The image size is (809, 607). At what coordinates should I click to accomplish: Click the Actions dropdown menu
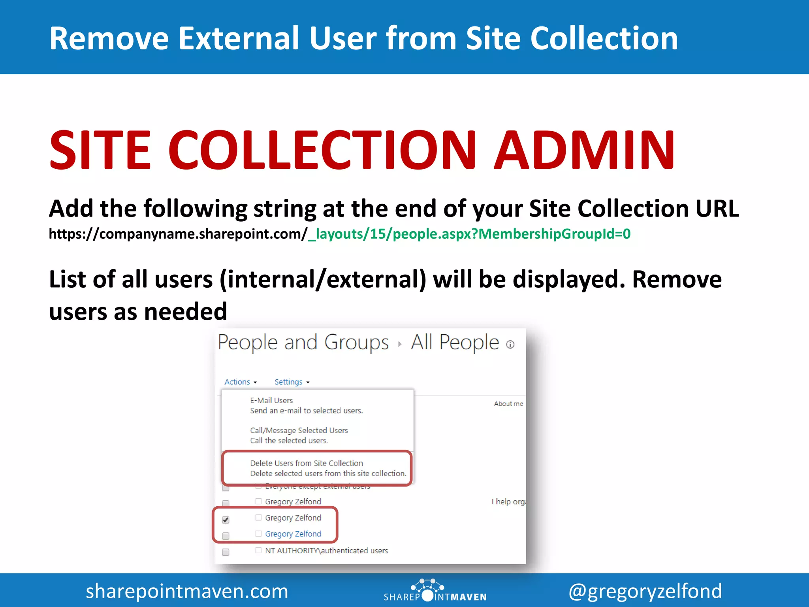(x=240, y=382)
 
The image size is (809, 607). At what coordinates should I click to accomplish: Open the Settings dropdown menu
(x=292, y=382)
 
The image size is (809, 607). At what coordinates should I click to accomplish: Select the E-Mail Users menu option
(x=271, y=400)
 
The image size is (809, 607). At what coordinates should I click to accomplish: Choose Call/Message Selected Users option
(x=299, y=430)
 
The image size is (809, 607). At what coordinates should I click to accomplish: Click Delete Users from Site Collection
(x=306, y=463)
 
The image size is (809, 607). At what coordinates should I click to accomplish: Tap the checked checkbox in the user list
(x=226, y=520)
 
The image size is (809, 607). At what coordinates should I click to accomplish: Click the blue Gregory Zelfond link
(x=293, y=534)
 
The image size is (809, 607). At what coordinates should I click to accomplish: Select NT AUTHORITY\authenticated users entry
(x=326, y=550)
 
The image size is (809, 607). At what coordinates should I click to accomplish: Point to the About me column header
(x=508, y=403)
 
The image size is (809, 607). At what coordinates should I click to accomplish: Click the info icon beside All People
(x=510, y=345)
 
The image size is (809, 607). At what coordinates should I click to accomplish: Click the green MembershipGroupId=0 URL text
(x=554, y=234)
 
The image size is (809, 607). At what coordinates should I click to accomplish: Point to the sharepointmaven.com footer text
(x=187, y=591)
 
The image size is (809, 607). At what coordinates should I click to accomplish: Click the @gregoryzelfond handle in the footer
(x=645, y=591)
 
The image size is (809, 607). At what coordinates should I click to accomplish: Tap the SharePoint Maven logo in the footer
(x=435, y=591)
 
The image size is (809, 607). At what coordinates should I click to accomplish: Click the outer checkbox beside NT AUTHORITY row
(x=226, y=552)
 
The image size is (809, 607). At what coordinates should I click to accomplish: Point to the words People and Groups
(x=303, y=342)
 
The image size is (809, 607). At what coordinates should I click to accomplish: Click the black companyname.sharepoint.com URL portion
(x=178, y=234)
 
